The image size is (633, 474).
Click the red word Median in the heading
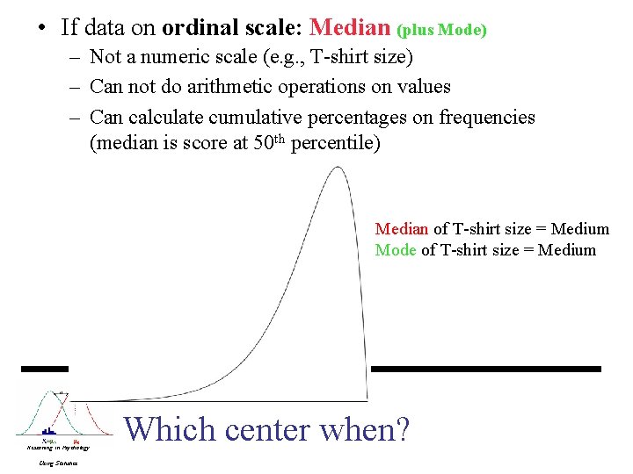[x=350, y=27]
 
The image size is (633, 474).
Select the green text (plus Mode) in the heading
[x=442, y=30]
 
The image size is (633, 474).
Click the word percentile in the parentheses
[x=338, y=144]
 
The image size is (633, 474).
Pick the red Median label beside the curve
[x=401, y=229]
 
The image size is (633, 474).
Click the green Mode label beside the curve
[x=396, y=250]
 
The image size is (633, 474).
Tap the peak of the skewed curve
[x=336, y=168]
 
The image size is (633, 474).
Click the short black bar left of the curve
[x=45, y=369]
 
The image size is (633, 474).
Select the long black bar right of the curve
[x=486, y=369]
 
